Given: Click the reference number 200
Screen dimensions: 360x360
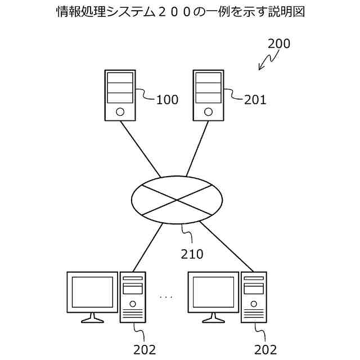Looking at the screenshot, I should point(279,44).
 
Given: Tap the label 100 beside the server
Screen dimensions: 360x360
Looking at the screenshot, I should point(166,100).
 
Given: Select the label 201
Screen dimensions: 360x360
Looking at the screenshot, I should point(255,100).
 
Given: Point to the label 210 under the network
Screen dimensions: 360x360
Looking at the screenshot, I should point(192,254).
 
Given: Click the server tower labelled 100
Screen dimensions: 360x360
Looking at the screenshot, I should point(120,95).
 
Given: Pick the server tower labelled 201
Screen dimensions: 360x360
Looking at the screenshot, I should point(208,95).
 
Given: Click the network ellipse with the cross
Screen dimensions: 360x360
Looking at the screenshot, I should point(177,200).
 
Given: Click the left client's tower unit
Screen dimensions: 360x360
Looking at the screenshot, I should point(133,298).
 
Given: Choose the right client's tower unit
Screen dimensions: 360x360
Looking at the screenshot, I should point(254,298).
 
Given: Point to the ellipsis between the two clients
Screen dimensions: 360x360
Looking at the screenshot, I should point(166,296).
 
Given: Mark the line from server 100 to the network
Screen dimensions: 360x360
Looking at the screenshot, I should point(140,148).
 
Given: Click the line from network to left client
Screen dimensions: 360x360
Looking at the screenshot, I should point(147,247).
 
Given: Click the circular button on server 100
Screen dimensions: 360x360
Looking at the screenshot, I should point(120,111).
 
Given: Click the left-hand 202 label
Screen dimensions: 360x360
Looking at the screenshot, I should point(145,349).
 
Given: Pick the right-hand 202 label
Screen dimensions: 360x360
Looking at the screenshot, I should point(265,349).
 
